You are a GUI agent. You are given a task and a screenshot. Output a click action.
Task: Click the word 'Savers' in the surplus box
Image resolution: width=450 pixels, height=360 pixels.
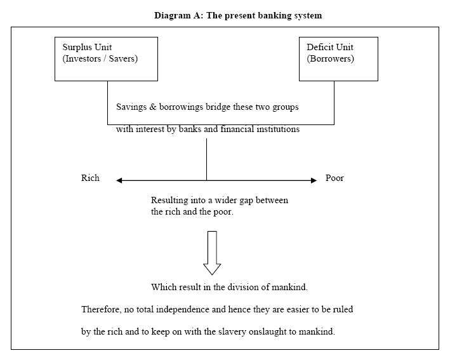point(123,58)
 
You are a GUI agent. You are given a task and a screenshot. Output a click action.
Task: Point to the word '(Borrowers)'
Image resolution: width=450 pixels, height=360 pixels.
point(330,58)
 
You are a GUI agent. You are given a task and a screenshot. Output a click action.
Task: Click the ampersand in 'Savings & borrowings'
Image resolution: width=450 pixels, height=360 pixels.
point(153,107)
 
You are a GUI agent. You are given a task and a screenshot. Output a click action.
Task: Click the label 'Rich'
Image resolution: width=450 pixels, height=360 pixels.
point(90,178)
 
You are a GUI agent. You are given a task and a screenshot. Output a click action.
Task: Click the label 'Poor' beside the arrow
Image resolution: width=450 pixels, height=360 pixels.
point(334,178)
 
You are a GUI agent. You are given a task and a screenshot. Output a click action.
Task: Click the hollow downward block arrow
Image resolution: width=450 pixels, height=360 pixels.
point(212,253)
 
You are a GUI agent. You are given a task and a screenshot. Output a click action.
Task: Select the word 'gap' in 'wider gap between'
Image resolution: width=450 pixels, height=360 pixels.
point(246,201)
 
